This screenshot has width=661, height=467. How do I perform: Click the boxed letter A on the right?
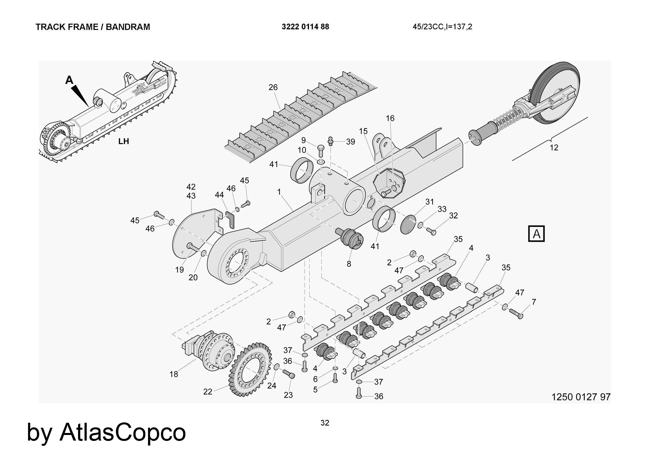click(x=536, y=234)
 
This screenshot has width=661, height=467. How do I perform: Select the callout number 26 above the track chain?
click(x=273, y=88)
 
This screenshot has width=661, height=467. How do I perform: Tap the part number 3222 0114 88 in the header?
click(x=305, y=27)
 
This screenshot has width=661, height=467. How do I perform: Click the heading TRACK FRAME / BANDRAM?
click(x=93, y=27)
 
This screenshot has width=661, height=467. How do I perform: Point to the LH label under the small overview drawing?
click(x=124, y=141)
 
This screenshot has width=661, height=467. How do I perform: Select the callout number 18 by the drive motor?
click(x=174, y=374)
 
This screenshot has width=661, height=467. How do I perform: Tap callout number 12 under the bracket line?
click(x=554, y=148)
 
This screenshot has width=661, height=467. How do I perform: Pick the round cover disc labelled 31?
click(x=408, y=224)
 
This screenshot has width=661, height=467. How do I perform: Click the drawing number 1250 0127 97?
click(x=581, y=397)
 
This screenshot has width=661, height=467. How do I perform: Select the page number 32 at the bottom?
click(x=325, y=423)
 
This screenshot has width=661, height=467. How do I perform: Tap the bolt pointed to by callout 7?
click(x=516, y=314)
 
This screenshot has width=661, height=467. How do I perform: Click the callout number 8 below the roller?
click(x=349, y=264)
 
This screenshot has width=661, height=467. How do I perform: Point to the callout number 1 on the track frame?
click(x=279, y=192)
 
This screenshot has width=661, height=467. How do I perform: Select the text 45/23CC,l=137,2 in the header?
click(x=442, y=27)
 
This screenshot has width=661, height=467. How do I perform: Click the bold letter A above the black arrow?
click(x=69, y=80)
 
